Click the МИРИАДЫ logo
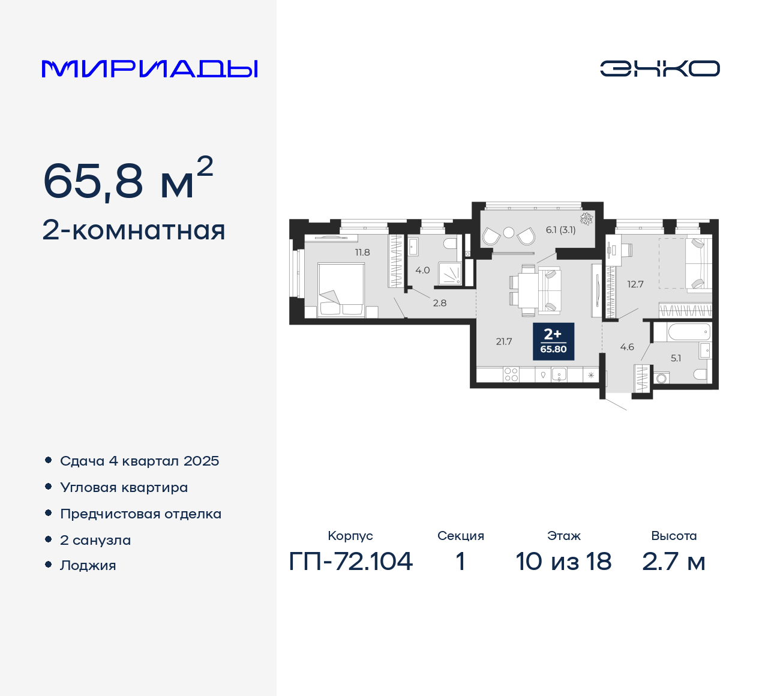(150, 69)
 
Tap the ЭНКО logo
(659, 68)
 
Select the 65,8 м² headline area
(128, 180)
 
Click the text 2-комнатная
(134, 230)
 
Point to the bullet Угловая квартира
(124, 487)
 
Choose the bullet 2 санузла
(95, 540)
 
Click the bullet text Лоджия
(88, 565)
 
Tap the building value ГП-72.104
(351, 562)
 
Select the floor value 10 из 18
(563, 562)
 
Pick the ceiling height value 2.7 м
(673, 562)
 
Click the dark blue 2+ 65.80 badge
(553, 341)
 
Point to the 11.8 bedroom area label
(362, 253)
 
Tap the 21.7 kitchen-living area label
(504, 341)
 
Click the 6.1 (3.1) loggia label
(560, 230)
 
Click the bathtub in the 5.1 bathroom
(681, 332)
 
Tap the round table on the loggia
(509, 233)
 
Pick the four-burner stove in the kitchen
(511, 374)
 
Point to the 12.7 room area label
(635, 284)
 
